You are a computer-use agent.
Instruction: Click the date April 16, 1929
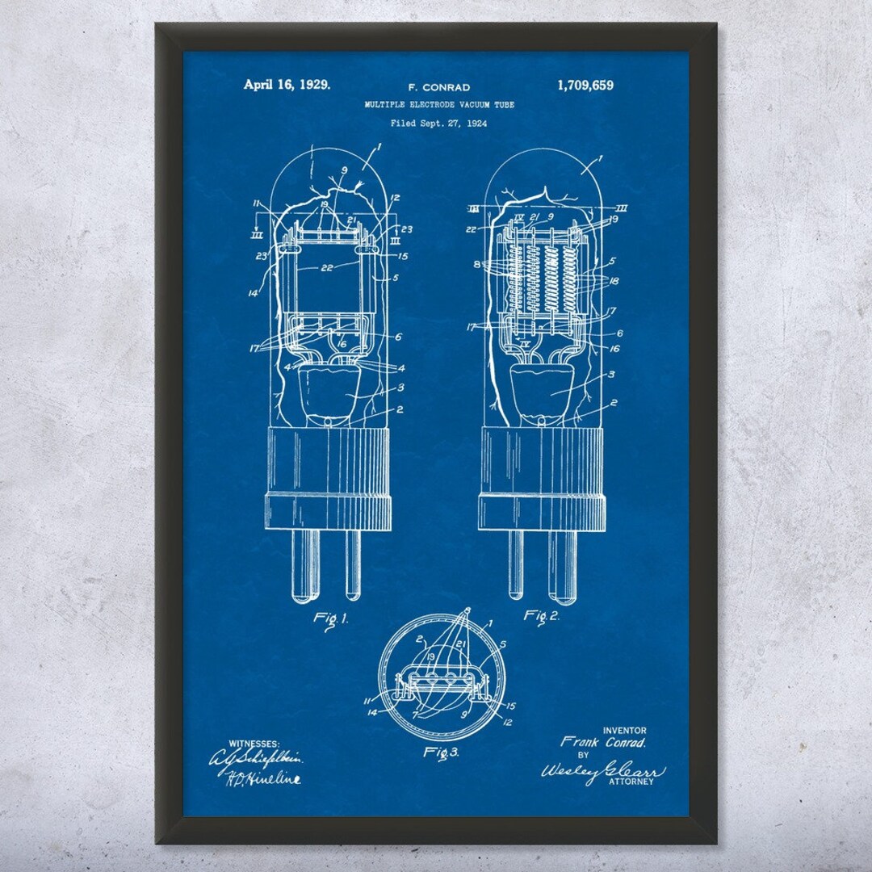[x=287, y=84]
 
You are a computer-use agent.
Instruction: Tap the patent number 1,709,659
[x=585, y=85]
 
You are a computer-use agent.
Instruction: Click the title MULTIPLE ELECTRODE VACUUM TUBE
[x=438, y=105]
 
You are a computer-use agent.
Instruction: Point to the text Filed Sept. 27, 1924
[x=438, y=124]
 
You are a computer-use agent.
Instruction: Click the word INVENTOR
[x=624, y=730]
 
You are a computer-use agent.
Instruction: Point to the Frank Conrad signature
[x=604, y=741]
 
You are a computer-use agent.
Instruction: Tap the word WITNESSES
[x=254, y=743]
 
